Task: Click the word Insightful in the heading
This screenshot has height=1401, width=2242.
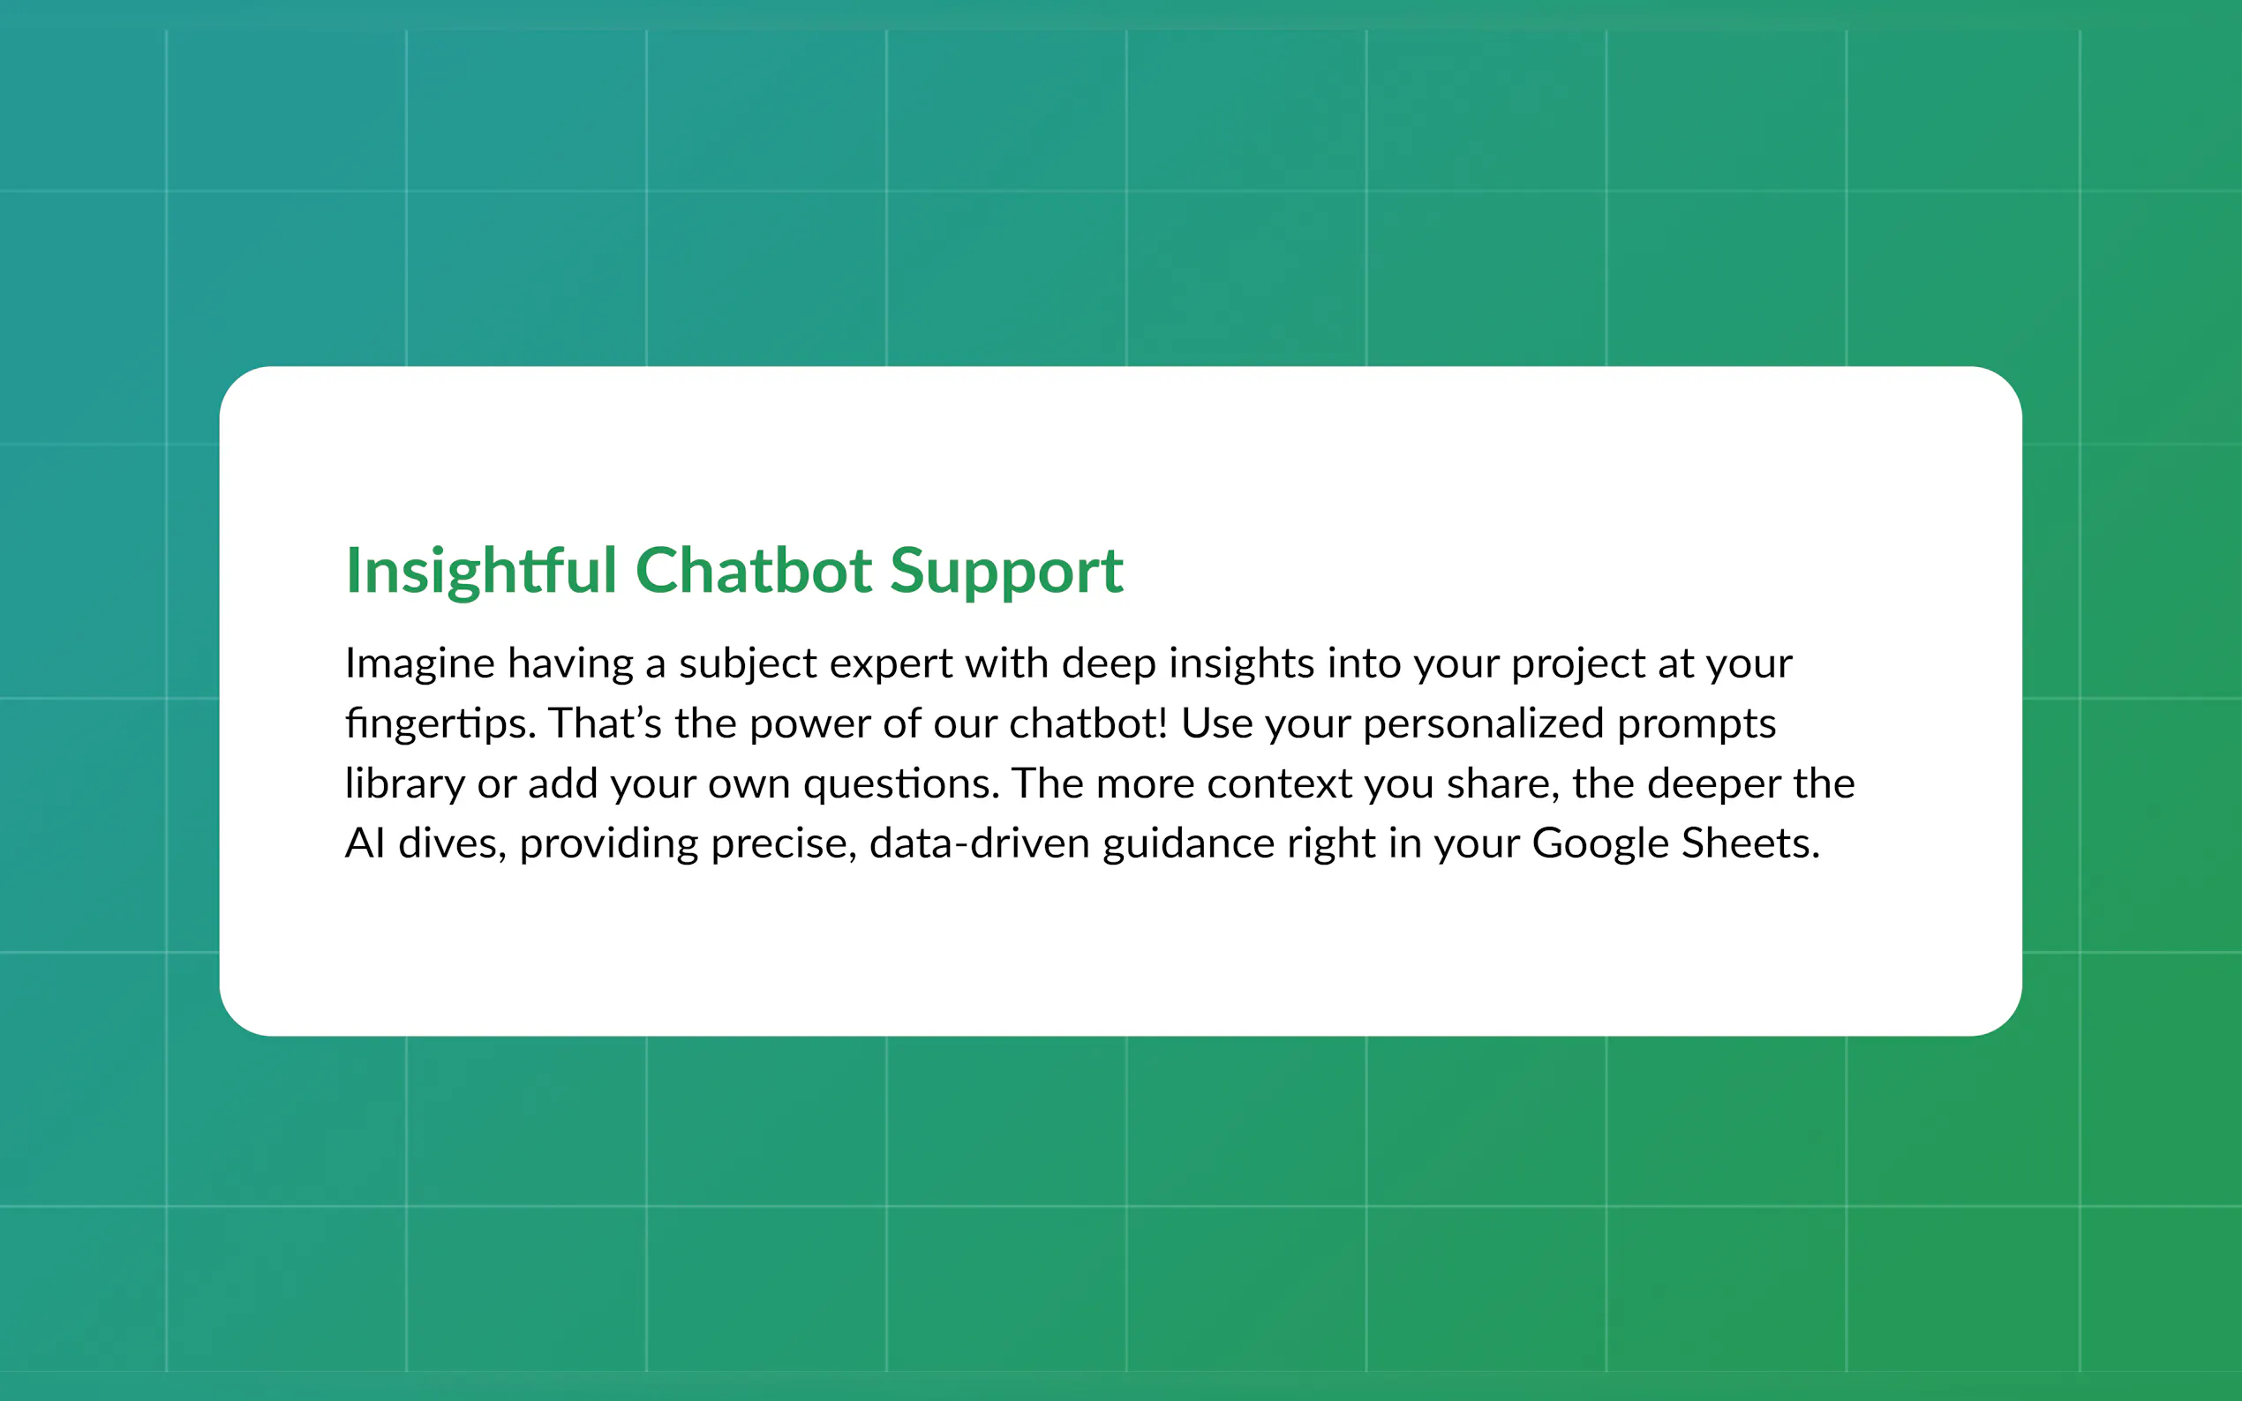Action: click(x=481, y=570)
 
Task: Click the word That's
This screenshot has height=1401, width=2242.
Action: click(x=605, y=723)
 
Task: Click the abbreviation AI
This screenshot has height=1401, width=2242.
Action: click(x=365, y=843)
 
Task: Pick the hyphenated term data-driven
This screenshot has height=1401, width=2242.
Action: click(x=979, y=843)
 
